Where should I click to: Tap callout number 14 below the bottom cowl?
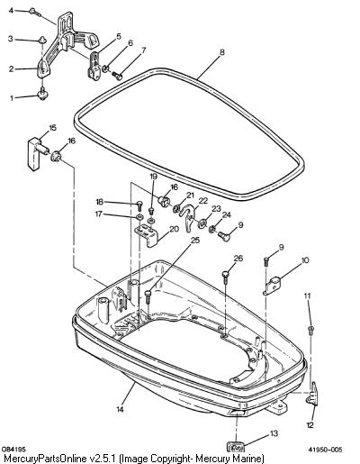point(120,409)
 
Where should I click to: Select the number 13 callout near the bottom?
point(274,433)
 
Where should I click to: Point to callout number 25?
point(195,241)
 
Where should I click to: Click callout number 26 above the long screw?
point(238,259)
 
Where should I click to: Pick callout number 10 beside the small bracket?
point(304,260)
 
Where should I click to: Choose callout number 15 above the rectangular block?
point(52,128)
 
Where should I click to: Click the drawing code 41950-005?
point(325,450)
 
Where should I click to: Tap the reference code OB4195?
point(13,450)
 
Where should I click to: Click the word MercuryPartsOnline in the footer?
point(46,459)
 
